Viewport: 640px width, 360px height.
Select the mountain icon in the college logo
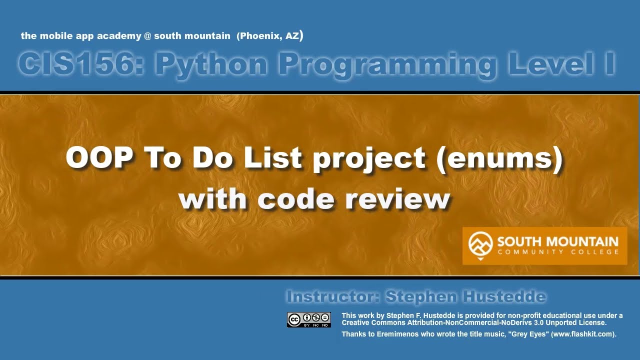[480, 244]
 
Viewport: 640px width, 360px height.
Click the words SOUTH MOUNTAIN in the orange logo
[557, 241]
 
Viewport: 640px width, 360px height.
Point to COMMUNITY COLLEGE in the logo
[557, 252]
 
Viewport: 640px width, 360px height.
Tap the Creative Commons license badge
[308, 319]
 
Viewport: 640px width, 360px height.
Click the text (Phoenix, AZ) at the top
[270, 35]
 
